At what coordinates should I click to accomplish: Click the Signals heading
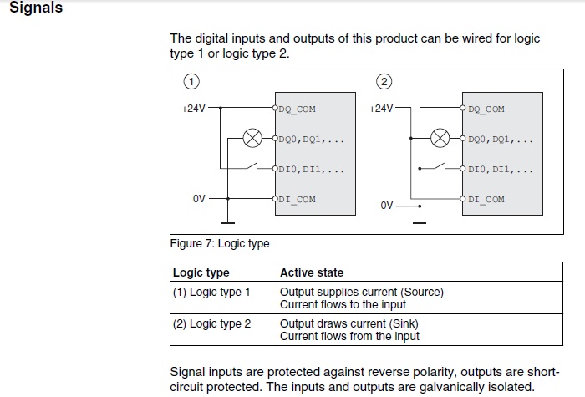pyautogui.click(x=36, y=8)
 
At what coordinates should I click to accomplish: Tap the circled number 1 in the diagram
pyautogui.click(x=191, y=81)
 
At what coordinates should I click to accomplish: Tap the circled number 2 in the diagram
pyautogui.click(x=384, y=81)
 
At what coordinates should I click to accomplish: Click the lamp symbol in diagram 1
pyautogui.click(x=252, y=138)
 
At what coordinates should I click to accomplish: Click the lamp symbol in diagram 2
pyautogui.click(x=440, y=138)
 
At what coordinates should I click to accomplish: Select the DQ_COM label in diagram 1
pyautogui.click(x=297, y=109)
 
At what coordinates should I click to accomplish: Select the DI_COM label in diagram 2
pyautogui.click(x=486, y=199)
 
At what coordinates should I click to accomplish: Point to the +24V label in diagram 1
pyautogui.click(x=193, y=109)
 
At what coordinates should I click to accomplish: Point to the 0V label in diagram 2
pyautogui.click(x=386, y=206)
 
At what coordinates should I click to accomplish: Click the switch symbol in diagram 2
pyautogui.click(x=439, y=166)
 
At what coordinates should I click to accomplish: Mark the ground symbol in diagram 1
pyautogui.click(x=228, y=223)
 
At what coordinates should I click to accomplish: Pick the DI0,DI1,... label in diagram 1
pyautogui.click(x=312, y=170)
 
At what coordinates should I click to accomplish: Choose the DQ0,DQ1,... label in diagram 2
pyautogui.click(x=501, y=140)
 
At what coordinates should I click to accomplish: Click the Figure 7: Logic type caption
pyautogui.click(x=219, y=244)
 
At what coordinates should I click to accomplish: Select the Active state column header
pyautogui.click(x=312, y=272)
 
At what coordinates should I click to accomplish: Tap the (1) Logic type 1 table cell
pyautogui.click(x=211, y=293)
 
